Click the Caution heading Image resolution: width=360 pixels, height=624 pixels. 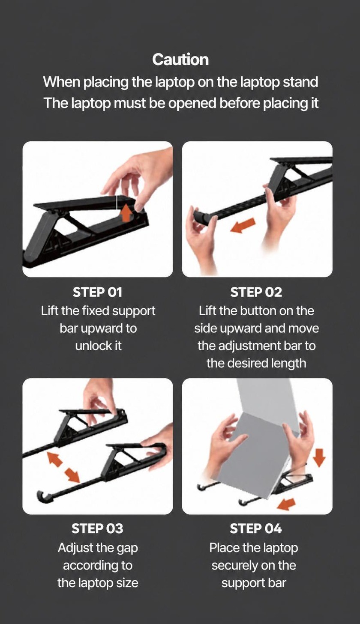pos(180,60)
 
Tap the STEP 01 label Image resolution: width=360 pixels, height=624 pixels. pos(97,292)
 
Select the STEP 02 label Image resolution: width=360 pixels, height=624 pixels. pos(256,292)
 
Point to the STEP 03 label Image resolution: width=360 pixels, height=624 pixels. pos(97,528)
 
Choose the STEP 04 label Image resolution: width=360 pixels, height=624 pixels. pos(256,528)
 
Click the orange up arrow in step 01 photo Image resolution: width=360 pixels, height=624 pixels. pos(126,213)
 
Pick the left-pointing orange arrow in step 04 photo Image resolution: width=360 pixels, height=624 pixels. pos(287,504)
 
